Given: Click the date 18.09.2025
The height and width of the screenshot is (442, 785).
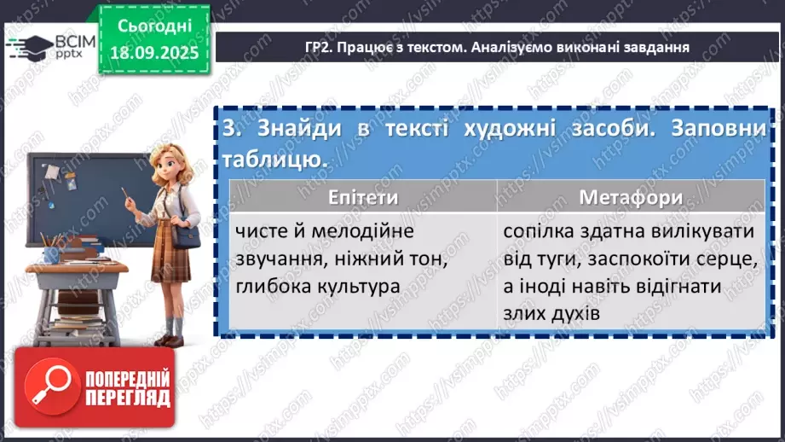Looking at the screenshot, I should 153,52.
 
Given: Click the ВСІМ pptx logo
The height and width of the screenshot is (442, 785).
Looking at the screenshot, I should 52,46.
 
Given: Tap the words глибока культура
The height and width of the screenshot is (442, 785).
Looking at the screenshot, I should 320,286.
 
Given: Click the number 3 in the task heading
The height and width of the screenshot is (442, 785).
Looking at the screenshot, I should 228,129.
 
